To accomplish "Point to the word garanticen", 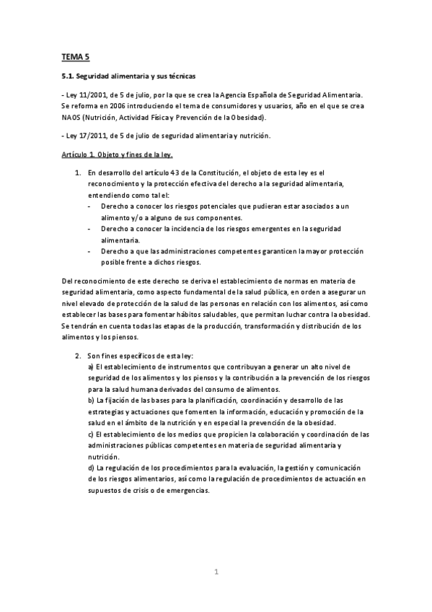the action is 266,250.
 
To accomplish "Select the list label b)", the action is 90,399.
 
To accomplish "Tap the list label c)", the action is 90,434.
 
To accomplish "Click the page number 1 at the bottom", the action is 216,572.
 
